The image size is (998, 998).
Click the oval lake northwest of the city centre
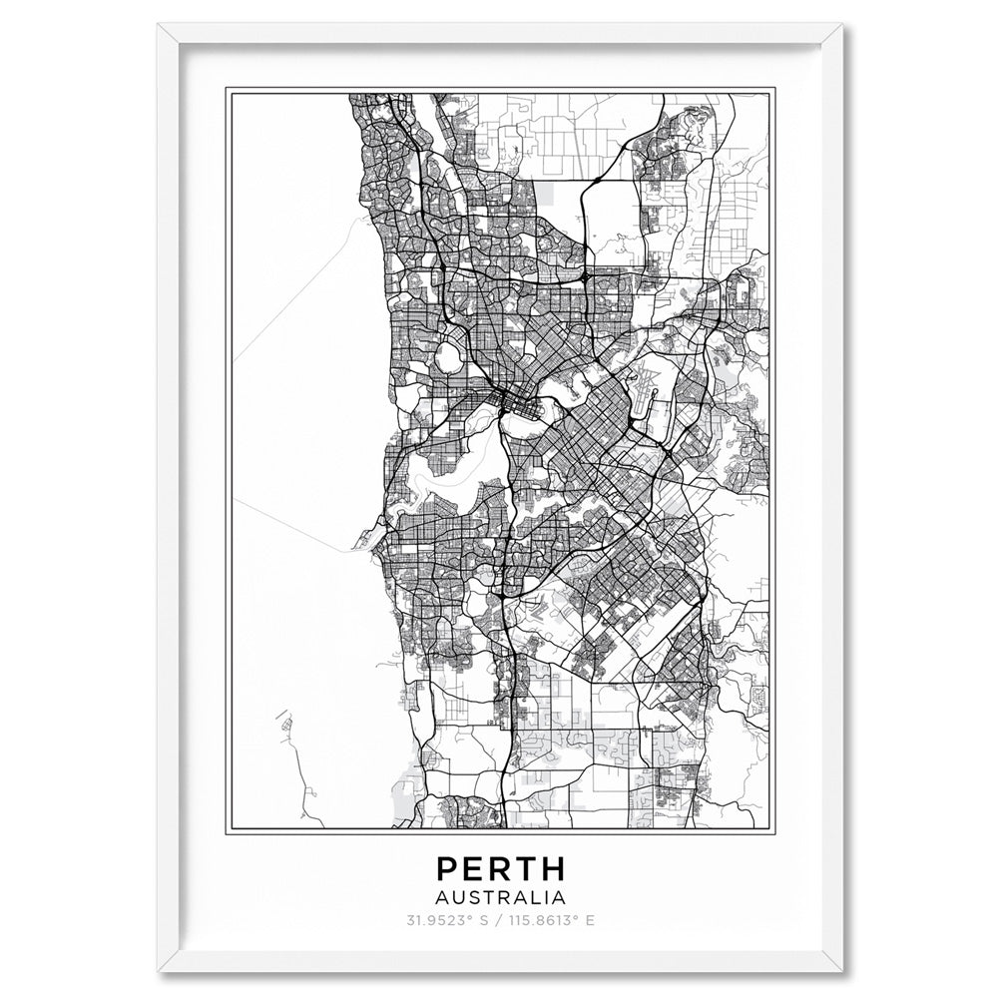[446, 355]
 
